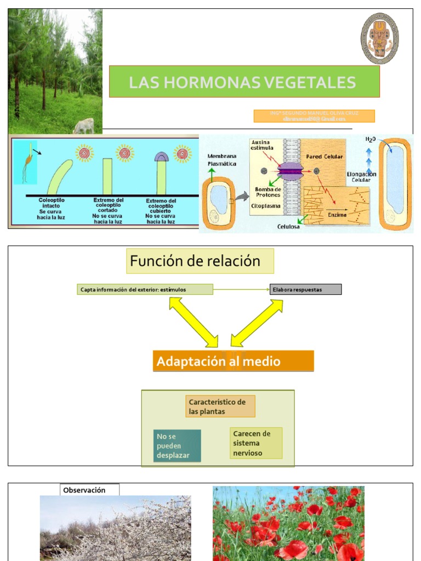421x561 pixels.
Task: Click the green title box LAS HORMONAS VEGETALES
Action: [x=244, y=82]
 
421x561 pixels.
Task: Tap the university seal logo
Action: [x=379, y=38]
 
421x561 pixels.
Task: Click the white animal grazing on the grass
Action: [x=84, y=127]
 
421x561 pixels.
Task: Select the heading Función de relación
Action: [x=200, y=261]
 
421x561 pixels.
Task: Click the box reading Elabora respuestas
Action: [x=305, y=289]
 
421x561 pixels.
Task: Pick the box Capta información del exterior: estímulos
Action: [x=145, y=289]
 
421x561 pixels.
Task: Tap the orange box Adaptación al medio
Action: [x=233, y=362]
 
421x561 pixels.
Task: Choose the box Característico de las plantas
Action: [x=220, y=407]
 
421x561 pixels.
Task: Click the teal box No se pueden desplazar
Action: [x=177, y=445]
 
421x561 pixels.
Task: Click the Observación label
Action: [x=89, y=490]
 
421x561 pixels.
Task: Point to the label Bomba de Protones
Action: [x=268, y=192]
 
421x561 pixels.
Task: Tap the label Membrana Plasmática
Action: [x=222, y=159]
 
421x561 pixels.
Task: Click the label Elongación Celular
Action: [x=361, y=177]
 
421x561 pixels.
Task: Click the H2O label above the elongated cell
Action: [x=371, y=140]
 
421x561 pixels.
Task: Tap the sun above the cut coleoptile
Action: [x=125, y=153]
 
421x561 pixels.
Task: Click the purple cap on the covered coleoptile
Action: [x=162, y=157]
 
